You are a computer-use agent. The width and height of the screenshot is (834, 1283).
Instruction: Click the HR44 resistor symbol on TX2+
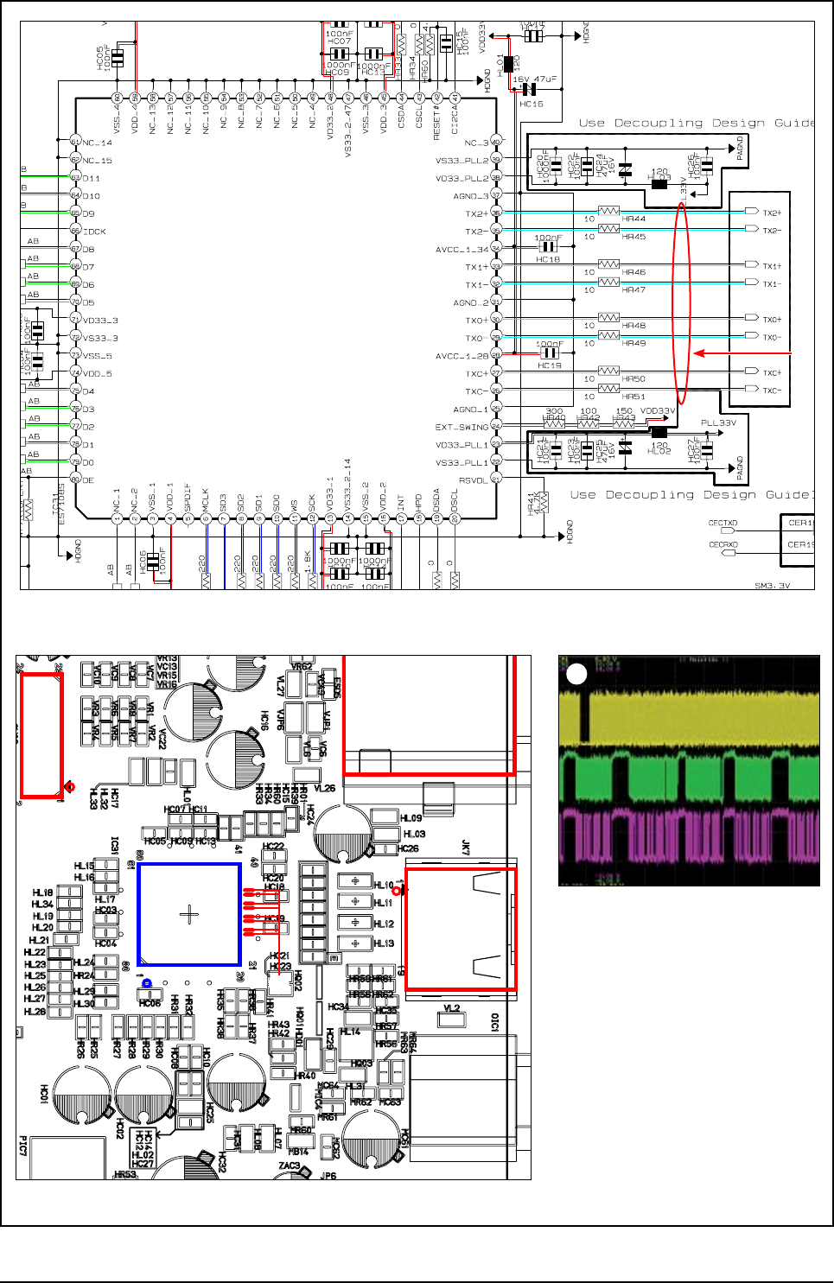coord(609,211)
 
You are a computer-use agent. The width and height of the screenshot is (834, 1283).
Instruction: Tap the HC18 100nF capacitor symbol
coord(547,247)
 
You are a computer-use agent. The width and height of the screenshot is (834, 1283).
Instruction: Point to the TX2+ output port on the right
coord(752,212)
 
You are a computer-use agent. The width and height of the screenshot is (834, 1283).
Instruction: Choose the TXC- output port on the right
coord(752,390)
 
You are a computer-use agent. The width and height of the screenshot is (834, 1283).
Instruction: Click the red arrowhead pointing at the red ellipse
coord(699,353)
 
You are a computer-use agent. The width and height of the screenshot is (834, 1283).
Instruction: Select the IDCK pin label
coord(94,232)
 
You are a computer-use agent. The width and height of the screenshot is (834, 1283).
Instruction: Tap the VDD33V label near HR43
coord(657,411)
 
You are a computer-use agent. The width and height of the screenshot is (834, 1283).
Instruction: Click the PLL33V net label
coord(718,423)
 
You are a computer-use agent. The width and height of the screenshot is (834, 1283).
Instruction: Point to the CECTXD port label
coord(723,523)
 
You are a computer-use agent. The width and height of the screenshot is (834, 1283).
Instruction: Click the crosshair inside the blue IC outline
coord(189,914)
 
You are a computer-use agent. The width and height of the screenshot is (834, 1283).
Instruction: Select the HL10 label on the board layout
coord(383,885)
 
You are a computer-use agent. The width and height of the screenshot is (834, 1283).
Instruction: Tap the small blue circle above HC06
coord(147,983)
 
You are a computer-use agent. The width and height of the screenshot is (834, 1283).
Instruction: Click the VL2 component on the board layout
coord(451,1018)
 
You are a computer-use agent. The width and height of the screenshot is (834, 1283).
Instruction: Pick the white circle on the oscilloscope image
coord(576,675)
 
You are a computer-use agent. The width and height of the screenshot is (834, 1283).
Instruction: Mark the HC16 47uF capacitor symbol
coord(529,90)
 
